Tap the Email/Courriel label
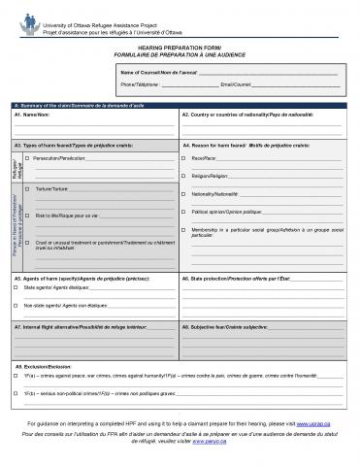(x=237, y=85)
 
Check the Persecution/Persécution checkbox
(x=28, y=156)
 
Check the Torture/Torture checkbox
(x=28, y=188)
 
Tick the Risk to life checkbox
(x=28, y=215)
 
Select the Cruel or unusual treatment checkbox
(x=28, y=242)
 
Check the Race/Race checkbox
(x=184, y=156)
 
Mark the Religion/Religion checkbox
(x=184, y=176)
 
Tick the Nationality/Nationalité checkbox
(x=184, y=193)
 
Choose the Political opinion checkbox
(x=184, y=211)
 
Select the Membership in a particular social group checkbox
(x=184, y=229)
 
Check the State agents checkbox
(x=16, y=288)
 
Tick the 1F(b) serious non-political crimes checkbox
(x=16, y=393)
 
